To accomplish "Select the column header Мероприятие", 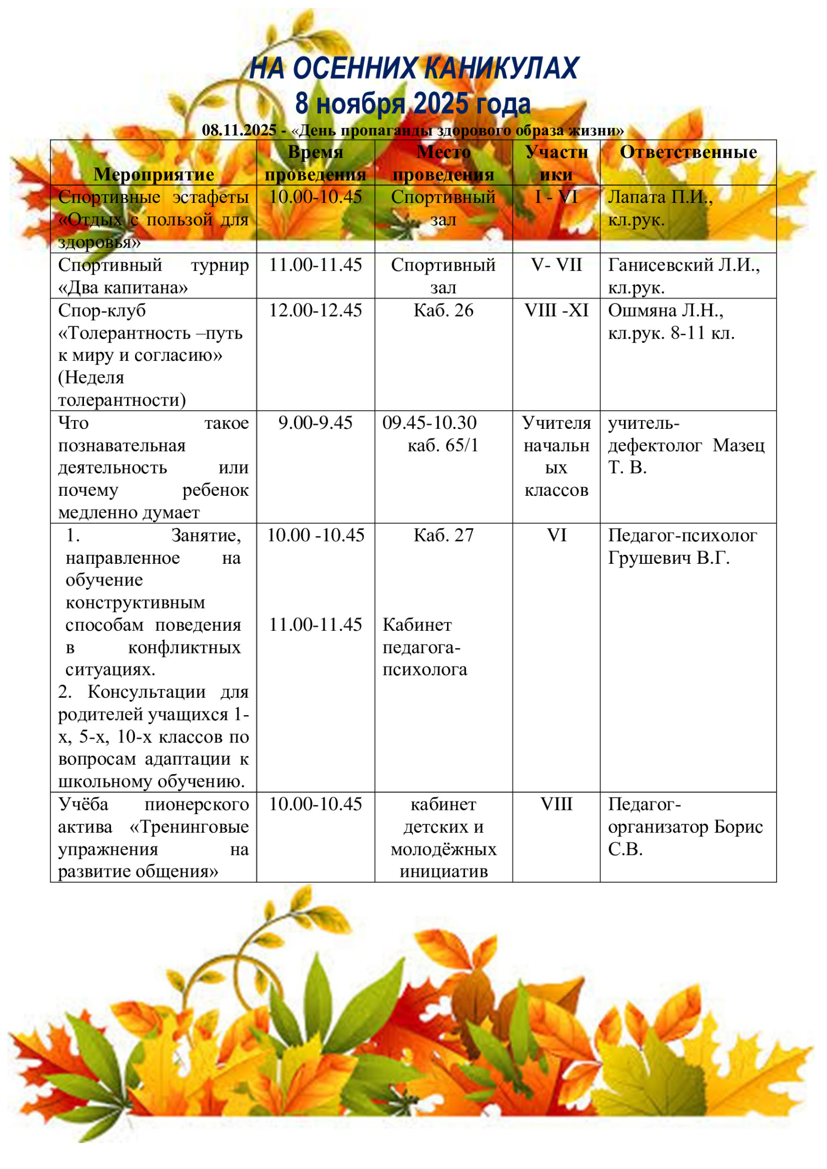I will pyautogui.click(x=154, y=174).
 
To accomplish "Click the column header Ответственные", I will pyautogui.click(x=688, y=153).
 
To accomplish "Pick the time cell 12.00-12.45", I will pyautogui.click(x=315, y=310).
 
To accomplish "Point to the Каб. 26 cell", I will pyautogui.click(x=443, y=310).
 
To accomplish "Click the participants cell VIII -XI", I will pyautogui.click(x=556, y=310).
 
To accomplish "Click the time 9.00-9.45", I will pyautogui.click(x=315, y=423).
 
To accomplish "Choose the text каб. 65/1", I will pyautogui.click(x=443, y=445).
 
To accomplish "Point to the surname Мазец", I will pyautogui.click(x=738, y=445).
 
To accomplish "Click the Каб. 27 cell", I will pyautogui.click(x=443, y=535).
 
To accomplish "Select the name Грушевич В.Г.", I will pyautogui.click(x=669, y=558).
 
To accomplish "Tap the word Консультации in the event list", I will pyautogui.click(x=146, y=692).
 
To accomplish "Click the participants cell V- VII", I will pyautogui.click(x=556, y=265).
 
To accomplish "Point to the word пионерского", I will pyautogui.click(x=196, y=804).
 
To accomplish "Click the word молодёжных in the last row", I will pyautogui.click(x=443, y=849).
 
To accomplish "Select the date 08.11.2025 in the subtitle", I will pyautogui.click(x=239, y=130).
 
